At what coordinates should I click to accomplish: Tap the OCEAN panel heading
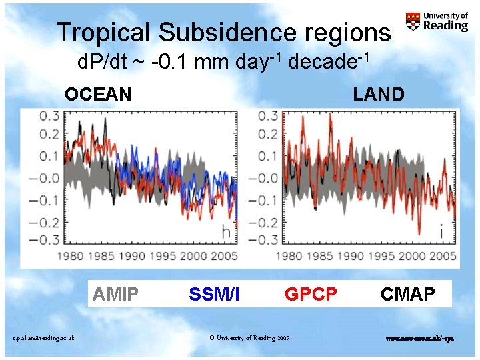click(x=98, y=94)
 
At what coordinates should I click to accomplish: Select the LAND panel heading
click(x=379, y=94)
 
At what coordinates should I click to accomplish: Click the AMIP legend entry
click(x=116, y=293)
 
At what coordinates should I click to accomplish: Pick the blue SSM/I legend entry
click(x=214, y=293)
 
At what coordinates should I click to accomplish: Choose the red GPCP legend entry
click(x=311, y=293)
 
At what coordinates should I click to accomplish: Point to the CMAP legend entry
click(x=408, y=293)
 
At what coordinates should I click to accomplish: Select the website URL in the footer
click(x=420, y=338)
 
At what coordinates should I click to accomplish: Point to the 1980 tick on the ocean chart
click(x=70, y=256)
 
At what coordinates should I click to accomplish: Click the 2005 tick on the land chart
click(x=443, y=256)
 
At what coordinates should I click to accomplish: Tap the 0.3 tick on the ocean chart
click(x=48, y=116)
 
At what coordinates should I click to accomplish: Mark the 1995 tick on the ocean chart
click(x=159, y=256)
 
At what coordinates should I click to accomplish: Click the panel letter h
click(x=227, y=232)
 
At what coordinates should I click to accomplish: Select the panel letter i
click(x=441, y=231)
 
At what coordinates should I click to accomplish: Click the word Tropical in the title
click(x=103, y=33)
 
